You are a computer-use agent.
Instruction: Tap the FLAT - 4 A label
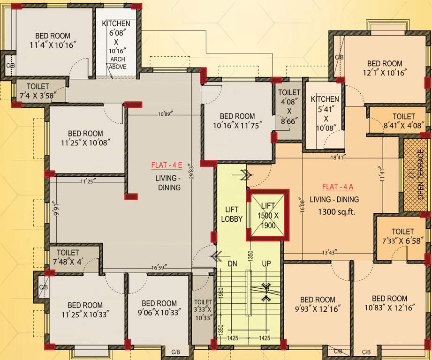(338, 187)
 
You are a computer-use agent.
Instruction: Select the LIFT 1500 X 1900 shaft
(268, 215)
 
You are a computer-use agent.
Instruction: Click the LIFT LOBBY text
(232, 215)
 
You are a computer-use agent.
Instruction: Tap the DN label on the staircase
(233, 264)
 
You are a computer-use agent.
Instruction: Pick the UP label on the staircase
(266, 264)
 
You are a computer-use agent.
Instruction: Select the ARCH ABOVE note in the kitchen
(117, 63)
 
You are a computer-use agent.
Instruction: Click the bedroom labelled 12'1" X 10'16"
(385, 68)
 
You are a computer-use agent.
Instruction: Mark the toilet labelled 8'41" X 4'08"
(403, 121)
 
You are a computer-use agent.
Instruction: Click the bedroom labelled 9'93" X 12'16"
(318, 304)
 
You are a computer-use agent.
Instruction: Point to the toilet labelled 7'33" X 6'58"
(402, 236)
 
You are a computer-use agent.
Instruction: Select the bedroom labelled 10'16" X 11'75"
(237, 120)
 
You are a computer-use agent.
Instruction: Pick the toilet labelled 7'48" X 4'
(75, 257)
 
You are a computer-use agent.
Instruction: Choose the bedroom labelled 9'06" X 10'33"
(159, 307)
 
